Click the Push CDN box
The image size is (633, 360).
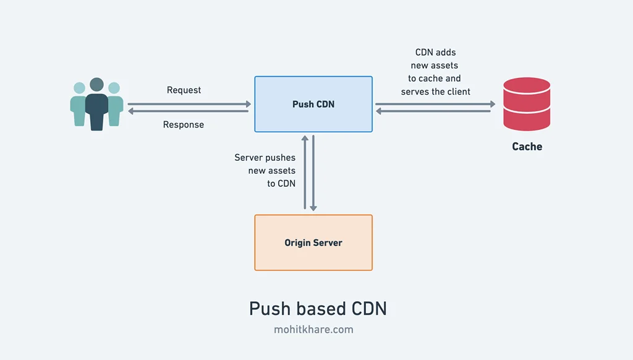313,104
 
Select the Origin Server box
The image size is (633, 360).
313,242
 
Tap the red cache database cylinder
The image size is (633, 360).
527,104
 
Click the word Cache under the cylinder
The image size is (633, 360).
527,147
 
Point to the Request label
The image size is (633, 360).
184,90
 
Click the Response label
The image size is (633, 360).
184,125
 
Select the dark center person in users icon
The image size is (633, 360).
96,105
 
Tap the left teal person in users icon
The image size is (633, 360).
78,106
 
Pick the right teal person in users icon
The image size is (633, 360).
115,106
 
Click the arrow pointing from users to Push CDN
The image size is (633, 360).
189,104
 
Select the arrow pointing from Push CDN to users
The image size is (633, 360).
189,111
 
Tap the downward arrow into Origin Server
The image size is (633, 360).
313,173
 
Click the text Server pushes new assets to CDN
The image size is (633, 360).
265,170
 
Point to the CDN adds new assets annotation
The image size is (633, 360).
436,72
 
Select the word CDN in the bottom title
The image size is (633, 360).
368,309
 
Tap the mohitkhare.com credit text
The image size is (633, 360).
313,330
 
